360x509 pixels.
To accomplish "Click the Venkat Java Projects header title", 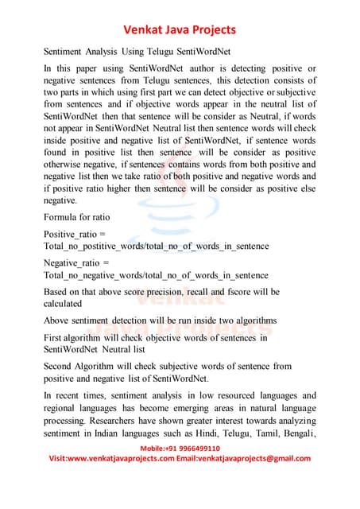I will [180, 30].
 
